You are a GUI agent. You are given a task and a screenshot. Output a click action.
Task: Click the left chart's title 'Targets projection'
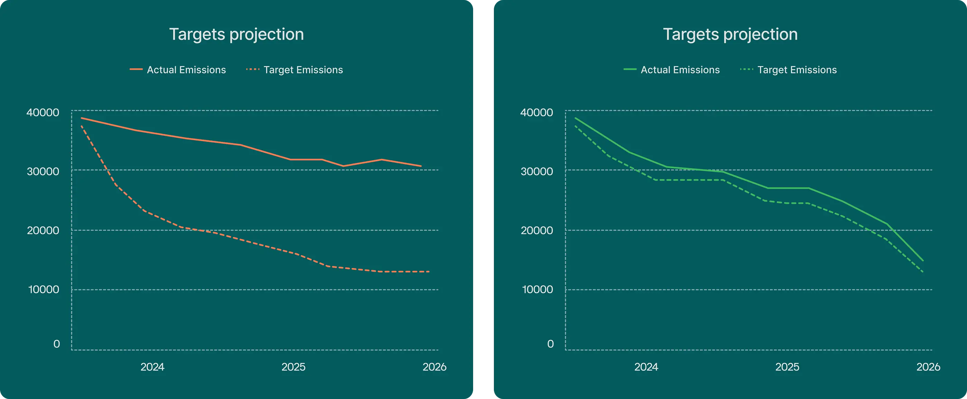[x=236, y=34]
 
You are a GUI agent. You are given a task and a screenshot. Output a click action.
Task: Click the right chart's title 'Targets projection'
[x=730, y=34]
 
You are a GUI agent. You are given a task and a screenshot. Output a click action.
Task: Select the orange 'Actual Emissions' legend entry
[x=178, y=70]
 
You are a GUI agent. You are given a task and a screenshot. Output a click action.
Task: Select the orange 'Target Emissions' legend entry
[x=295, y=70]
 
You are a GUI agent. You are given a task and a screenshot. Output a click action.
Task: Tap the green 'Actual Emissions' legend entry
[x=672, y=70]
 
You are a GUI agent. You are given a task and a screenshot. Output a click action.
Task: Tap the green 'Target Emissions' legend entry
[x=789, y=70]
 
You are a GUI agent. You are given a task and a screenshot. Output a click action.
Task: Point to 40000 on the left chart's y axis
[x=43, y=112]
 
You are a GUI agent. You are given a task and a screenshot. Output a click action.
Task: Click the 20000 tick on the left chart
[x=43, y=230]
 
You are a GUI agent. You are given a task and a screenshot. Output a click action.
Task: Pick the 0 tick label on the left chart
[x=57, y=344]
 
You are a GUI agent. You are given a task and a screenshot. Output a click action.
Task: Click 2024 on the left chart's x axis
[x=153, y=367]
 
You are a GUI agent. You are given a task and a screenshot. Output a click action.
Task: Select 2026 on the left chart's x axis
[x=434, y=367]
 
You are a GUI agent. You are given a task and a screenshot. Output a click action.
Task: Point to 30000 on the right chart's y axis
[x=537, y=171]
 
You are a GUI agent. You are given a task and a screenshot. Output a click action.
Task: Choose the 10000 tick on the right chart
[x=537, y=289]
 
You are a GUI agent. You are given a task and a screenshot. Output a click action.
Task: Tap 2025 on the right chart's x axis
[x=787, y=367]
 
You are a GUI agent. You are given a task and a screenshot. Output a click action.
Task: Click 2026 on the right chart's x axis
[x=928, y=367]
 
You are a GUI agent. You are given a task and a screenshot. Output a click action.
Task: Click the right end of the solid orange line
[x=421, y=166]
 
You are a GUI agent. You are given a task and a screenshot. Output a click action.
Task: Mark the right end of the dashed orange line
[x=429, y=272]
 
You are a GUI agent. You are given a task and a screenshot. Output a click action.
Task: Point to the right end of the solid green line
[x=923, y=260]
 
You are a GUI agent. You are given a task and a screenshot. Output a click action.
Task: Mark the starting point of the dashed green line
[x=575, y=126]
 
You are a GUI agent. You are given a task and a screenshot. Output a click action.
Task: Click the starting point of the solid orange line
[x=82, y=118]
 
